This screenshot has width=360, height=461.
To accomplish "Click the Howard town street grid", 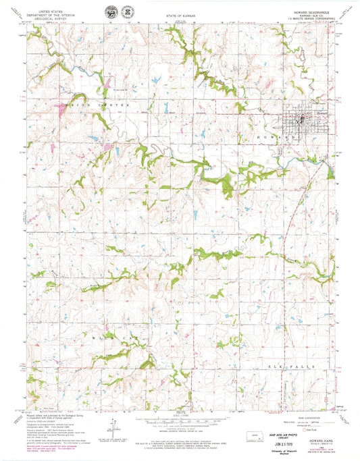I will tap(284, 121).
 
